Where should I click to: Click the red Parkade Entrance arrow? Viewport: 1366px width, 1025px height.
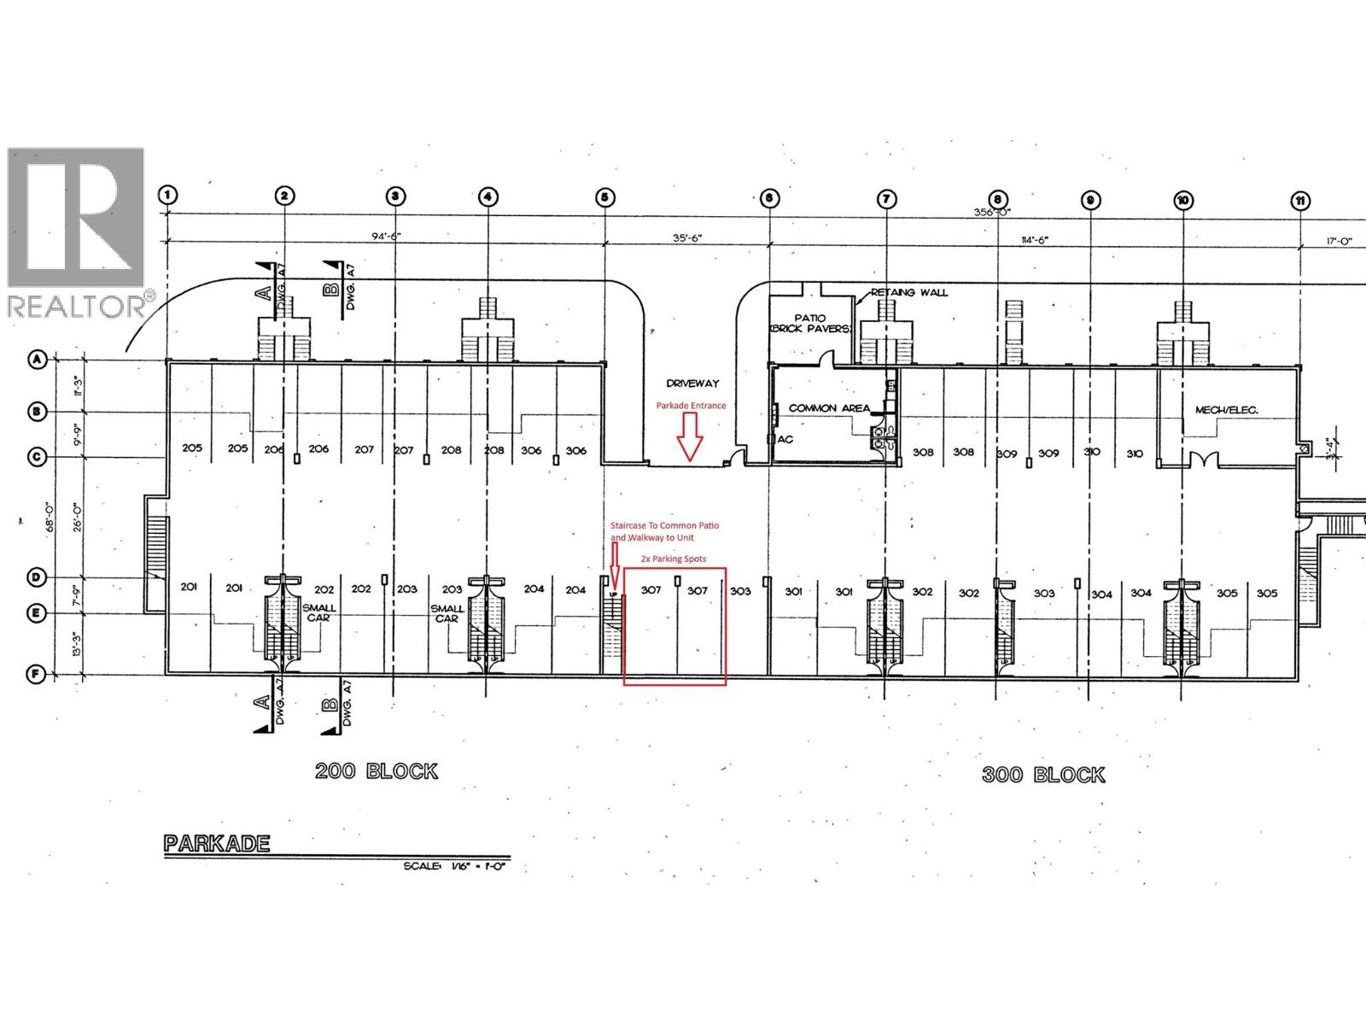689,441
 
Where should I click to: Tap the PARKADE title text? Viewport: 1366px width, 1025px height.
217,844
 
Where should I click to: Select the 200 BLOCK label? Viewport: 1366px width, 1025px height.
377,771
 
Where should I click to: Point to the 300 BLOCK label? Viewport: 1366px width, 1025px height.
1043,775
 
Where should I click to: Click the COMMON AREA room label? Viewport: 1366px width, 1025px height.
828,408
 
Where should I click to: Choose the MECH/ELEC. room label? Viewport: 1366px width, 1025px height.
1226,410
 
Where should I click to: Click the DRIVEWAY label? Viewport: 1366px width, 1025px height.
693,384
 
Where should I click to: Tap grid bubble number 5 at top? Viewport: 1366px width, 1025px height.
604,197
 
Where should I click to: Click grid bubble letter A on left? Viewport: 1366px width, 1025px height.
37,360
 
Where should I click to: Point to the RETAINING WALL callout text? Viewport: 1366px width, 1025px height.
909,292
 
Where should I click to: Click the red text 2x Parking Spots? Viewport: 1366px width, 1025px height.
674,559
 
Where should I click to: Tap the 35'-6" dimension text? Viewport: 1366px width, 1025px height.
686,239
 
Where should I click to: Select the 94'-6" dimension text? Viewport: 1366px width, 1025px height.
384,238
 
